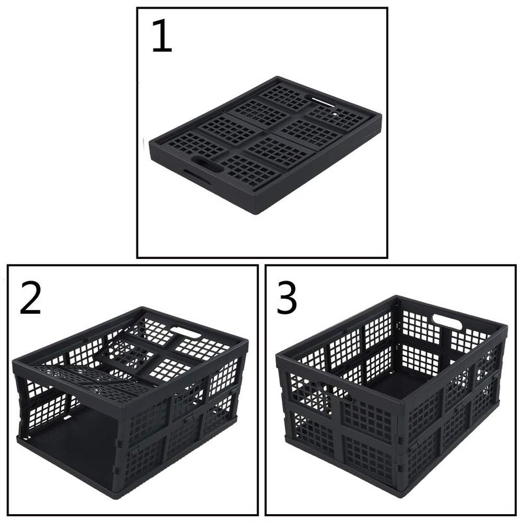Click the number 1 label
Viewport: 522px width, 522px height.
162,37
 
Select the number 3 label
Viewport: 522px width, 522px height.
287,299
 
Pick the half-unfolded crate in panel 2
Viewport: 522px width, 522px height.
130,398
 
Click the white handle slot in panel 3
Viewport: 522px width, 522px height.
447,321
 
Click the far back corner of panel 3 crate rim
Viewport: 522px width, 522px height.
397,298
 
